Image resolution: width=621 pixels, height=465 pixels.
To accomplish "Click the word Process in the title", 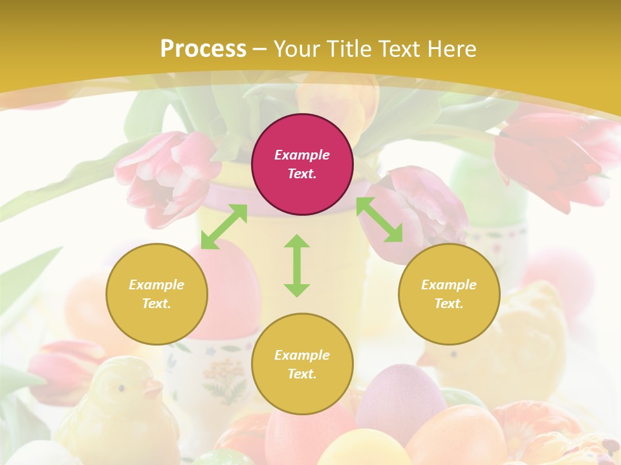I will coord(203,49).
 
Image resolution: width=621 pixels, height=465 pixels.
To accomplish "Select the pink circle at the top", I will coord(302,164).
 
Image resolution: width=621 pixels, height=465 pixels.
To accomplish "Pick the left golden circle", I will coord(157,294).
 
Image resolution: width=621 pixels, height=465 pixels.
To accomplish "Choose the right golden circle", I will coord(449,294).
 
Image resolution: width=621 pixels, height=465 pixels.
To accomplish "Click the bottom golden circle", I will coord(302,364).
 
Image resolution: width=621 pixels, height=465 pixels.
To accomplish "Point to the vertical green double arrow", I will coord(297,265).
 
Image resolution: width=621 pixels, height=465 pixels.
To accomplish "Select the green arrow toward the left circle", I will coord(224,226).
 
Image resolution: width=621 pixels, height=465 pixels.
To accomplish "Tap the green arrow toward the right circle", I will coord(380,220).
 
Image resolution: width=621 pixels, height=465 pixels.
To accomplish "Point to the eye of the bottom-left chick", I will coord(120,387).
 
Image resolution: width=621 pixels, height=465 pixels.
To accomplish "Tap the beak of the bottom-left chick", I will coord(153,389).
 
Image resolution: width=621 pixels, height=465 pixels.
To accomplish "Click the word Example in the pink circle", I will coord(302,155).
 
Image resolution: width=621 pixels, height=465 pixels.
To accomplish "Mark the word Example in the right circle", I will coord(449,285).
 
